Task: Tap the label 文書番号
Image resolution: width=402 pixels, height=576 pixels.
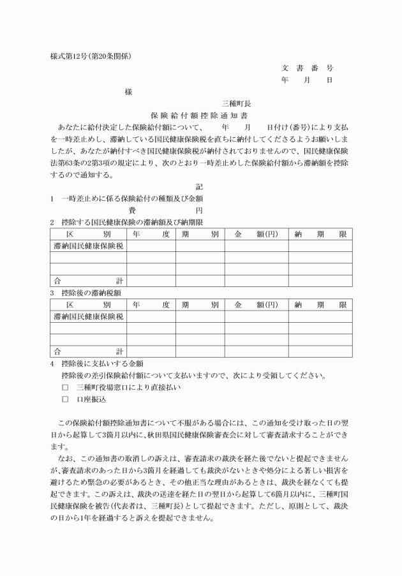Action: (x=307, y=68)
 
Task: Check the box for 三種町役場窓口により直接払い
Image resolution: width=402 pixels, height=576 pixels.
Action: (x=65, y=387)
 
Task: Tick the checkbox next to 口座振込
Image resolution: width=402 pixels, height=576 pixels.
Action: (x=65, y=399)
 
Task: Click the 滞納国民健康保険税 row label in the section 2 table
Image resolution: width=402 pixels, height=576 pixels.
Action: (x=89, y=246)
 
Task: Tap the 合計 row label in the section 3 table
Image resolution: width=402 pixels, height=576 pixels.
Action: (x=89, y=351)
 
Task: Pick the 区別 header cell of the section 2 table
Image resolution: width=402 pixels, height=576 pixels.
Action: (x=89, y=234)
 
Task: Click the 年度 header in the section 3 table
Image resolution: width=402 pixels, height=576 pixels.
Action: (x=151, y=304)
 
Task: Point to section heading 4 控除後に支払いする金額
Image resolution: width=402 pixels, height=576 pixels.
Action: (x=96, y=364)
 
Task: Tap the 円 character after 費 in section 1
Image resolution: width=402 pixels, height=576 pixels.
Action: (x=199, y=210)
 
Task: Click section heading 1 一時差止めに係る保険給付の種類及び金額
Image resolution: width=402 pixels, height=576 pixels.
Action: (x=127, y=198)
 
